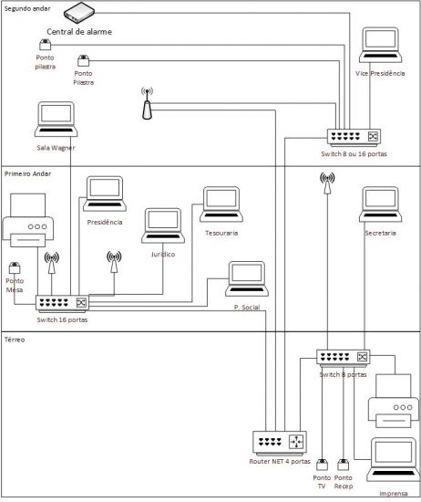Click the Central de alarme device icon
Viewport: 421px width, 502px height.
click(73, 14)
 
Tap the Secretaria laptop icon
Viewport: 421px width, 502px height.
click(380, 206)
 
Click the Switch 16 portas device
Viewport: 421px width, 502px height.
click(63, 302)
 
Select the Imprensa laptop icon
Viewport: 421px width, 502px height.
click(393, 459)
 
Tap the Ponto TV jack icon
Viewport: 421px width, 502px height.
click(322, 465)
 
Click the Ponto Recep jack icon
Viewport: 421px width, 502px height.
click(344, 465)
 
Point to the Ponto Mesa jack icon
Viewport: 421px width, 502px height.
click(15, 268)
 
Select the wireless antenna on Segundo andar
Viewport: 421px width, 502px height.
click(147, 104)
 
